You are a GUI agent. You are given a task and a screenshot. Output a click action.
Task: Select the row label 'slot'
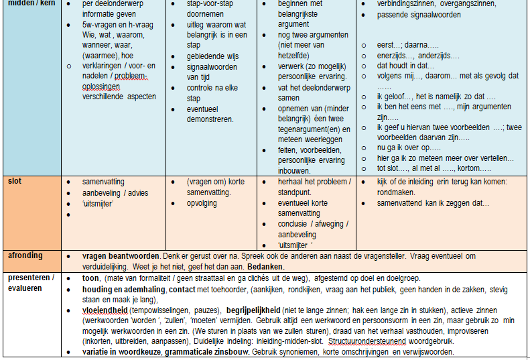point(14,181)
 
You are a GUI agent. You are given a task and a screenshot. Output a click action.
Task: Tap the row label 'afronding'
point(25,255)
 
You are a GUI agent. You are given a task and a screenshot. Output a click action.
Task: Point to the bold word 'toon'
point(90,278)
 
